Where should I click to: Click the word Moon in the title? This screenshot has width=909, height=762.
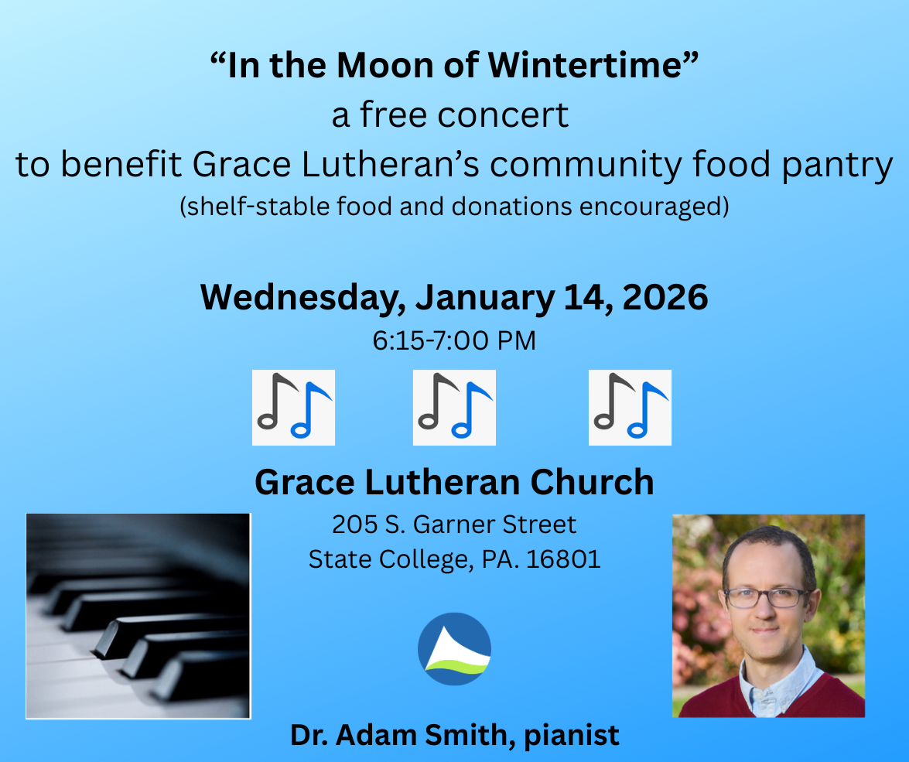385,65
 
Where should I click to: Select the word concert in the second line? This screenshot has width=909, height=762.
503,114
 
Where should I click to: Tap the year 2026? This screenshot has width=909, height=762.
665,297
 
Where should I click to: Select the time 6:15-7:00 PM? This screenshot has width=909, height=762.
454,340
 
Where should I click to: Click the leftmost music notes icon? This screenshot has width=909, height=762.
293,408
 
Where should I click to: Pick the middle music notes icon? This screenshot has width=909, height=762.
454,408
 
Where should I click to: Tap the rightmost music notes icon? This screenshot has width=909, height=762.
630,408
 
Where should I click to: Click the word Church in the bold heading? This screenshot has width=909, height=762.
592,483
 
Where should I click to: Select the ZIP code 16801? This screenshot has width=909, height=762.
563,559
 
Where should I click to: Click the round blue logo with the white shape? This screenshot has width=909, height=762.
455,649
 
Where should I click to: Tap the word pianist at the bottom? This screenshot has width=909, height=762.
571,736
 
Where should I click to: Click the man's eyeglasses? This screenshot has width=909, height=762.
767,597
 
